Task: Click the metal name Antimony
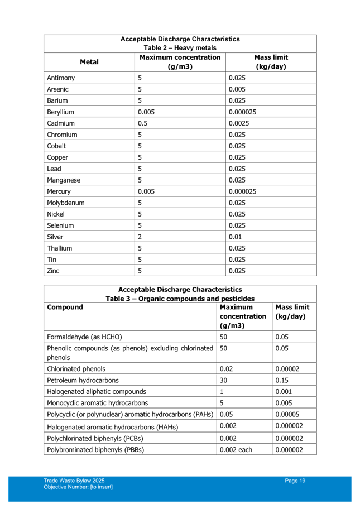pos(61,78)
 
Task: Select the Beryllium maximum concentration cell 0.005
pos(146,112)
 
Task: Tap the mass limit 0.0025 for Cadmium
pos(238,123)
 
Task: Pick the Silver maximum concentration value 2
pos(140,237)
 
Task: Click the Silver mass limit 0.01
pos(235,237)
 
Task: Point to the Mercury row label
pos(59,191)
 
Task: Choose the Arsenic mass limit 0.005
pos(237,89)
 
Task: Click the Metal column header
pos(89,61)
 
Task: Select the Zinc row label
pos(54,271)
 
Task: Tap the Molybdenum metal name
pos(66,203)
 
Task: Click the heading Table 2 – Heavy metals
pos(180,48)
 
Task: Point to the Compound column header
pos(65,307)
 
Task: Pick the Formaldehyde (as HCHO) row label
pos(84,337)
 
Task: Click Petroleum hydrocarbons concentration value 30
pos(223,380)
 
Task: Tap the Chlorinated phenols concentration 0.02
pos(226,369)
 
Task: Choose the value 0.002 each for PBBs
pos(236,450)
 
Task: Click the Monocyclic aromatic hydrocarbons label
pos(98,403)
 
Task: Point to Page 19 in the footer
pos(295,481)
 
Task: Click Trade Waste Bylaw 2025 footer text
pos(74,481)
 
